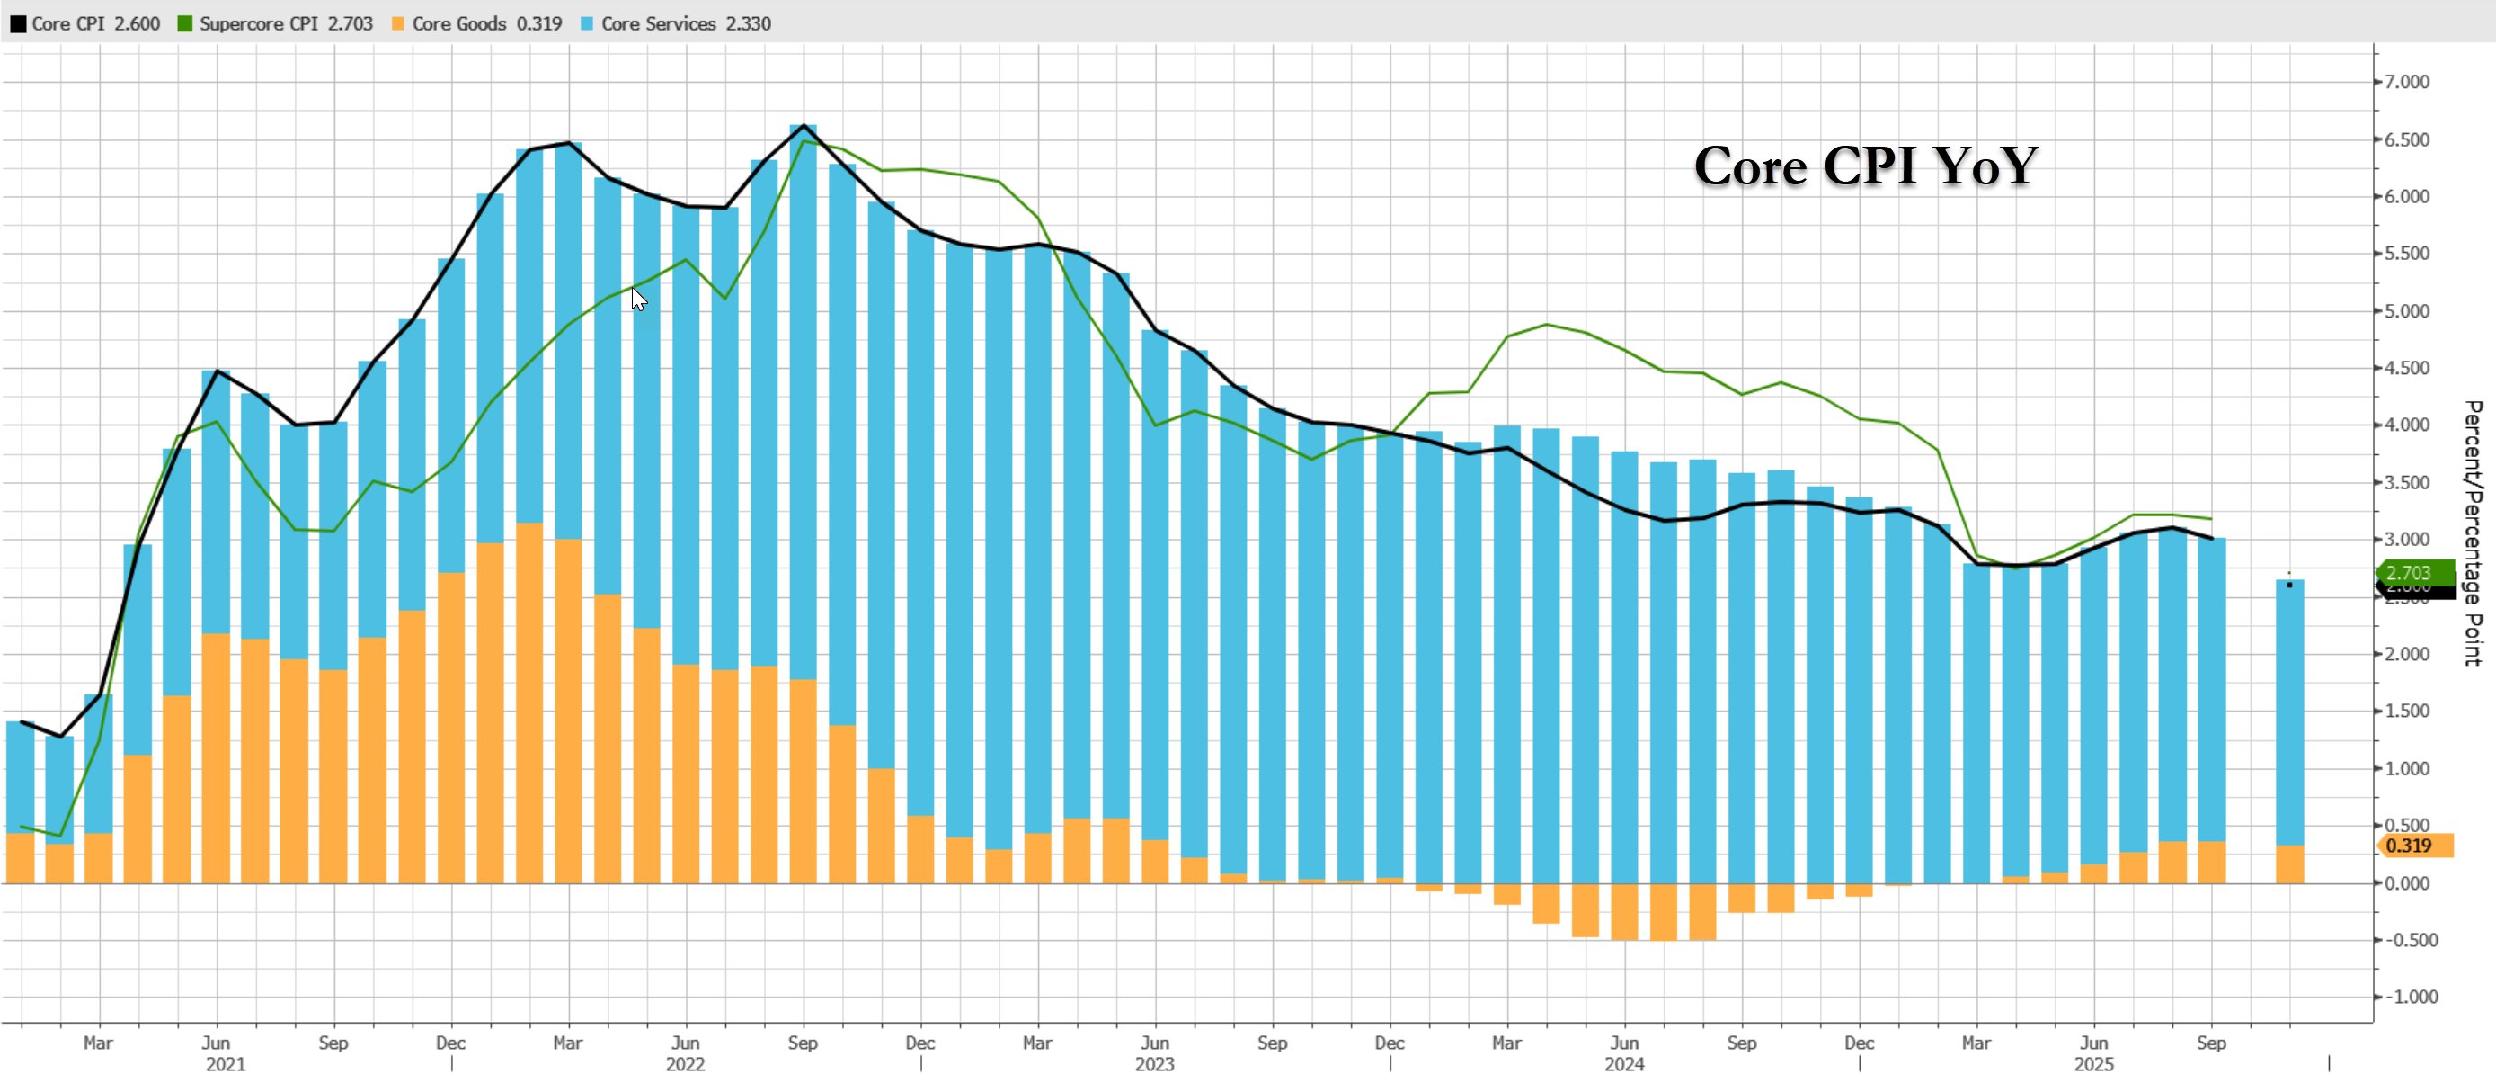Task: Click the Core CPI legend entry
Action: pos(85,23)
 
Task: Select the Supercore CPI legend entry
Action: pos(275,23)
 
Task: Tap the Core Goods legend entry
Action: pos(476,23)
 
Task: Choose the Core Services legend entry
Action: pos(675,23)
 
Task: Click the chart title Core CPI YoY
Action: pos(1866,166)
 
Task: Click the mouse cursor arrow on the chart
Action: pos(637,299)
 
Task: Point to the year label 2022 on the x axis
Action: pos(685,1064)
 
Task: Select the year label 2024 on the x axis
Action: pos(1624,1064)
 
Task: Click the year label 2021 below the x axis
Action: pos(226,1064)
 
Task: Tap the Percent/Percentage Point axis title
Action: pos(2473,533)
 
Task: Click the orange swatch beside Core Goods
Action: pos(398,24)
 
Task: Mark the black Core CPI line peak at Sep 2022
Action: pos(804,125)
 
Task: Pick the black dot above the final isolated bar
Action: pos(2289,585)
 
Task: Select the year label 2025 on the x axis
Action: pos(2093,1064)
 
